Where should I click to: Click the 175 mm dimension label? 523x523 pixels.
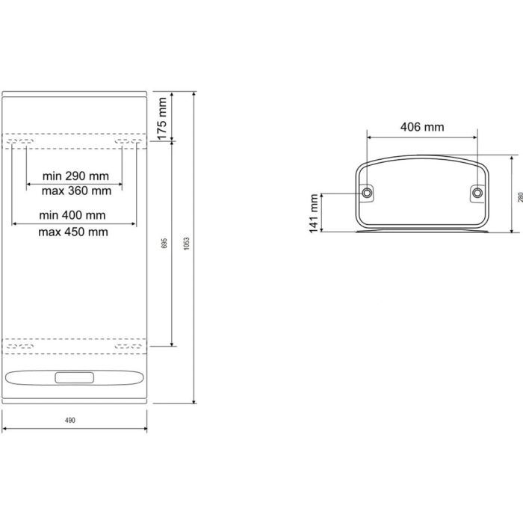tap(162, 118)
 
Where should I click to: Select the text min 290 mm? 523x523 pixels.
tap(75, 176)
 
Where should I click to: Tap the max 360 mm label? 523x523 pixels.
tap(76, 191)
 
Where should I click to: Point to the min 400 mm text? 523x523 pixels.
tap(72, 215)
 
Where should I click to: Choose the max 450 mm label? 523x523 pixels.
tap(73, 232)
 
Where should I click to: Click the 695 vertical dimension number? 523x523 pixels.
tap(164, 243)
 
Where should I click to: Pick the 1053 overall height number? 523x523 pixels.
tap(187, 244)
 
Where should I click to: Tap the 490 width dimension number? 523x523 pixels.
tap(70, 420)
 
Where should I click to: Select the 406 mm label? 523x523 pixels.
tap(422, 127)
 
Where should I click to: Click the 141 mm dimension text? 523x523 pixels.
tap(314, 214)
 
